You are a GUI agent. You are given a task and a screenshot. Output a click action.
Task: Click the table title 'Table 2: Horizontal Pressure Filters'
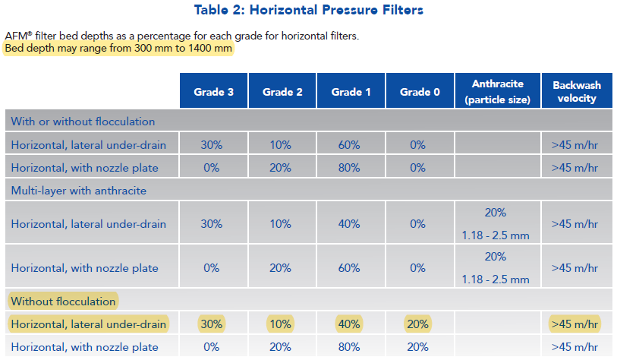pyautogui.click(x=308, y=10)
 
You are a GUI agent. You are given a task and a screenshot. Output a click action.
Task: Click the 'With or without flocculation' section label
pyautogui.click(x=83, y=122)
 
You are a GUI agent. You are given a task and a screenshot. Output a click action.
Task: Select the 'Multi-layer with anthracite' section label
pyautogui.click(x=79, y=191)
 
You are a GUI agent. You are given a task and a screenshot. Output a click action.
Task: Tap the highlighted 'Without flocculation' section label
pyautogui.click(x=63, y=302)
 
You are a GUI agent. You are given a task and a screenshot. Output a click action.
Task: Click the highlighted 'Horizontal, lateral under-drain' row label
pyautogui.click(x=89, y=324)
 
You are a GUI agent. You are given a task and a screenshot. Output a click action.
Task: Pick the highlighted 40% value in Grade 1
pyautogui.click(x=349, y=324)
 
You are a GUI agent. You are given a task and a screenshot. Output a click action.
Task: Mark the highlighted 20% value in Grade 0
pyautogui.click(x=417, y=324)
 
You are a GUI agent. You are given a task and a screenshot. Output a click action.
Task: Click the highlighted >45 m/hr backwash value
pyautogui.click(x=575, y=324)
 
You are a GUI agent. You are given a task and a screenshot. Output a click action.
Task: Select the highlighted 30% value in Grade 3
pyautogui.click(x=212, y=324)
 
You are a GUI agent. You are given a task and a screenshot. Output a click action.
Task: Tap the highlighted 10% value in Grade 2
pyautogui.click(x=280, y=324)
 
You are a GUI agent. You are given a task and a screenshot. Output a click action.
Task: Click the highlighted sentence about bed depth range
pyautogui.click(x=118, y=49)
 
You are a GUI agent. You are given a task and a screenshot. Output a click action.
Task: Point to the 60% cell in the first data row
pyautogui.click(x=349, y=145)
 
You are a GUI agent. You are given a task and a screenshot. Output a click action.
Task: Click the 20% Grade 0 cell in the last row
pyautogui.click(x=417, y=347)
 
